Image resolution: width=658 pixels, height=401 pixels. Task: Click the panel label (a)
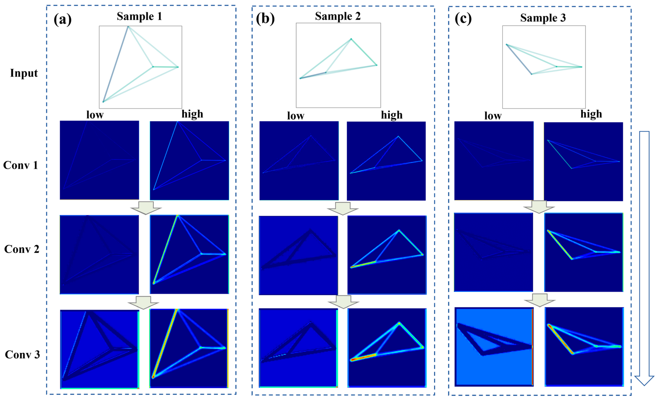[62, 19]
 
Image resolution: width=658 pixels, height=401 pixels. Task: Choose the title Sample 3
[543, 18]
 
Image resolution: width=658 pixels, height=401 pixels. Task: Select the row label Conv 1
[21, 165]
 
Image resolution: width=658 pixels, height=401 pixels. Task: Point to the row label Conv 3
[22, 354]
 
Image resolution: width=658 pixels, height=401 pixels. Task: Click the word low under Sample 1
[95, 115]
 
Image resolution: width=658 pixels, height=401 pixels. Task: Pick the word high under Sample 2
[391, 115]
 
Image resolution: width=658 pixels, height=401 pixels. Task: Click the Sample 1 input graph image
[140, 67]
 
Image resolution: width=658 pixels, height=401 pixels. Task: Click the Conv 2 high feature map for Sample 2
[387, 255]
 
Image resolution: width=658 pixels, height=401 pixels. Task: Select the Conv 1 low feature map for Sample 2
[299, 161]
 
